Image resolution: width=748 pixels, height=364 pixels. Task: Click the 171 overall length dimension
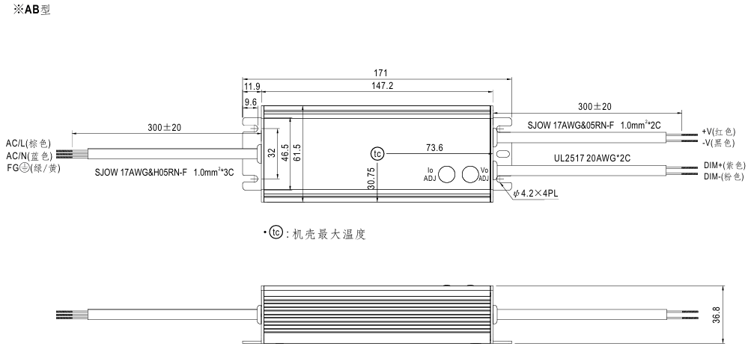380,73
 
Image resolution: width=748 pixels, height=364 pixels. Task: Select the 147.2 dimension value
380,86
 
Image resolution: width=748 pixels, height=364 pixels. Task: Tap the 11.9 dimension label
252,86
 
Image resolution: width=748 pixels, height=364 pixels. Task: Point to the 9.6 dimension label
251,101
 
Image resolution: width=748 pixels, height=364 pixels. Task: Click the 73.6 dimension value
435,147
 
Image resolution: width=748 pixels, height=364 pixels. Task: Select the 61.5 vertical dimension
297,152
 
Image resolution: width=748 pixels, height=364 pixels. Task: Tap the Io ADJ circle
447,175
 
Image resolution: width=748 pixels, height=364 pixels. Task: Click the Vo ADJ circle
471,175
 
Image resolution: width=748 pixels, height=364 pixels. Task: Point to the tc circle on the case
377,154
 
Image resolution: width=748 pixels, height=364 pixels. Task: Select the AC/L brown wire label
28,143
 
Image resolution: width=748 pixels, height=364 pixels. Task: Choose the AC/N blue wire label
28,155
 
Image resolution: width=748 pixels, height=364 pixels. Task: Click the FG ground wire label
33,167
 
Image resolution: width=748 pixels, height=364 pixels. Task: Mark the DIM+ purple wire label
723,164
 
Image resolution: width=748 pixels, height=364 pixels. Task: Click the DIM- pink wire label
723,176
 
